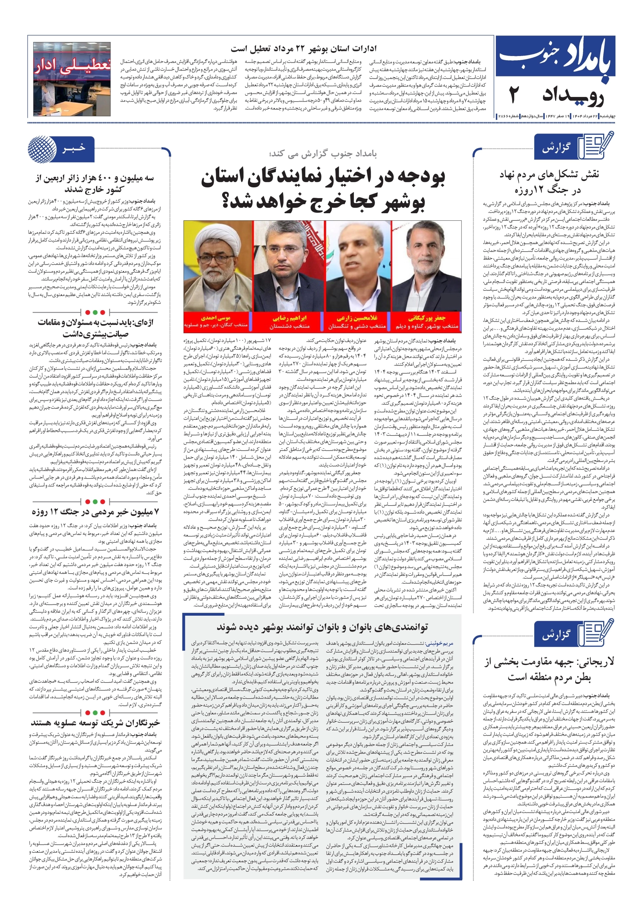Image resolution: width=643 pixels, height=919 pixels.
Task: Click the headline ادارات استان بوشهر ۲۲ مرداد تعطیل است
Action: [x=304, y=49]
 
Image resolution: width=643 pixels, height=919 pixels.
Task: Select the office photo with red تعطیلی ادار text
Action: [x=72, y=79]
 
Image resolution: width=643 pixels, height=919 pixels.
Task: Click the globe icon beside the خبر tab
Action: [x=42, y=149]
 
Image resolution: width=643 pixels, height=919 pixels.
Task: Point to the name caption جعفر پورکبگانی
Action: [x=427, y=318]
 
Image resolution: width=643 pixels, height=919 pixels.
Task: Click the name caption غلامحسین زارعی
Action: [x=357, y=318]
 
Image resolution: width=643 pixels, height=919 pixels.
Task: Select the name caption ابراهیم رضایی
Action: [x=289, y=318]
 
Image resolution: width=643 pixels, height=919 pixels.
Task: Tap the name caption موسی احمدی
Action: [x=216, y=318]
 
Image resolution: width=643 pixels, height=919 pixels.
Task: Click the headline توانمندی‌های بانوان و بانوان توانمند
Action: [x=322, y=626]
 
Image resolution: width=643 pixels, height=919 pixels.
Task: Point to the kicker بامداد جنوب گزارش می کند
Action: [x=323, y=153]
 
